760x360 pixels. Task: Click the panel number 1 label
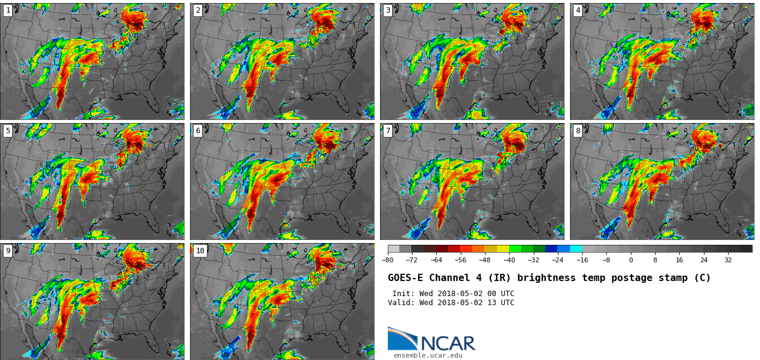point(8,10)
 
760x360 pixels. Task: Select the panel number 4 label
point(578,10)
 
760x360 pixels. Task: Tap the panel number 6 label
point(198,131)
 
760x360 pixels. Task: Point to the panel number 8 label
point(578,131)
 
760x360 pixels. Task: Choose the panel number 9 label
point(8,251)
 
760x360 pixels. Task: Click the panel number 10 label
point(200,251)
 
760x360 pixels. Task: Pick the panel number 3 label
point(388,10)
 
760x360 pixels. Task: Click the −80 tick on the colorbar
point(388,261)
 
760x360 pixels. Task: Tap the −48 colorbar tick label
point(484,261)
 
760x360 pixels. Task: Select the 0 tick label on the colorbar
point(631,261)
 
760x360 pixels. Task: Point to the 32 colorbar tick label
point(728,261)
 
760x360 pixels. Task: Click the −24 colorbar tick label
point(557,261)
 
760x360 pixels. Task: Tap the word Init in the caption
point(403,294)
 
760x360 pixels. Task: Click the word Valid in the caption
point(401,303)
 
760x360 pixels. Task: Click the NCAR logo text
point(448,344)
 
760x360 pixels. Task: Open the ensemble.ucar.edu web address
point(428,356)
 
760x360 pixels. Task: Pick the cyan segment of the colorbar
point(576,248)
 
